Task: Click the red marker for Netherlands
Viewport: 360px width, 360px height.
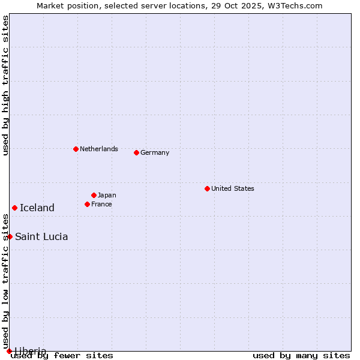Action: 76,149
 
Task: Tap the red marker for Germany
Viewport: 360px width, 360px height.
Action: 136,152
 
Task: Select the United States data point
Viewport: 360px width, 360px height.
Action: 207,188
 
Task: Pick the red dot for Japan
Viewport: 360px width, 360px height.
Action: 94,195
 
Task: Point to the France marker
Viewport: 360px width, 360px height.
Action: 87,204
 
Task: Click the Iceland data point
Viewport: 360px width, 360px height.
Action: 14,208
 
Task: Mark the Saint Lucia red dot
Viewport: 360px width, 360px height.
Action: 10,236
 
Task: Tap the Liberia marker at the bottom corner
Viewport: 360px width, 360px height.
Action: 9,351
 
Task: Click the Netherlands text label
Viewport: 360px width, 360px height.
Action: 98,149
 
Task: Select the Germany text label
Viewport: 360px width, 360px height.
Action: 155,152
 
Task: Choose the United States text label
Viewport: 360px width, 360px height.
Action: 232,188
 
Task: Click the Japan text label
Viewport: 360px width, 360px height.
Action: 107,195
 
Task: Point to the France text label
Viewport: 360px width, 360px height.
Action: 101,204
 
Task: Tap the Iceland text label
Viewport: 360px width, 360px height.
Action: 37,208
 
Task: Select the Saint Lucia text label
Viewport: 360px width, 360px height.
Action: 41,236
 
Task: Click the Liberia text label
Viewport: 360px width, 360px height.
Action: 31,350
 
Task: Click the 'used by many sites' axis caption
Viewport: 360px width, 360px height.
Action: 301,355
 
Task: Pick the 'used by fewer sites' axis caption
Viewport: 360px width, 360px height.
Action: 62,355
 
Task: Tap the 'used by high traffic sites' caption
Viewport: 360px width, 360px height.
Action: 5,86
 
